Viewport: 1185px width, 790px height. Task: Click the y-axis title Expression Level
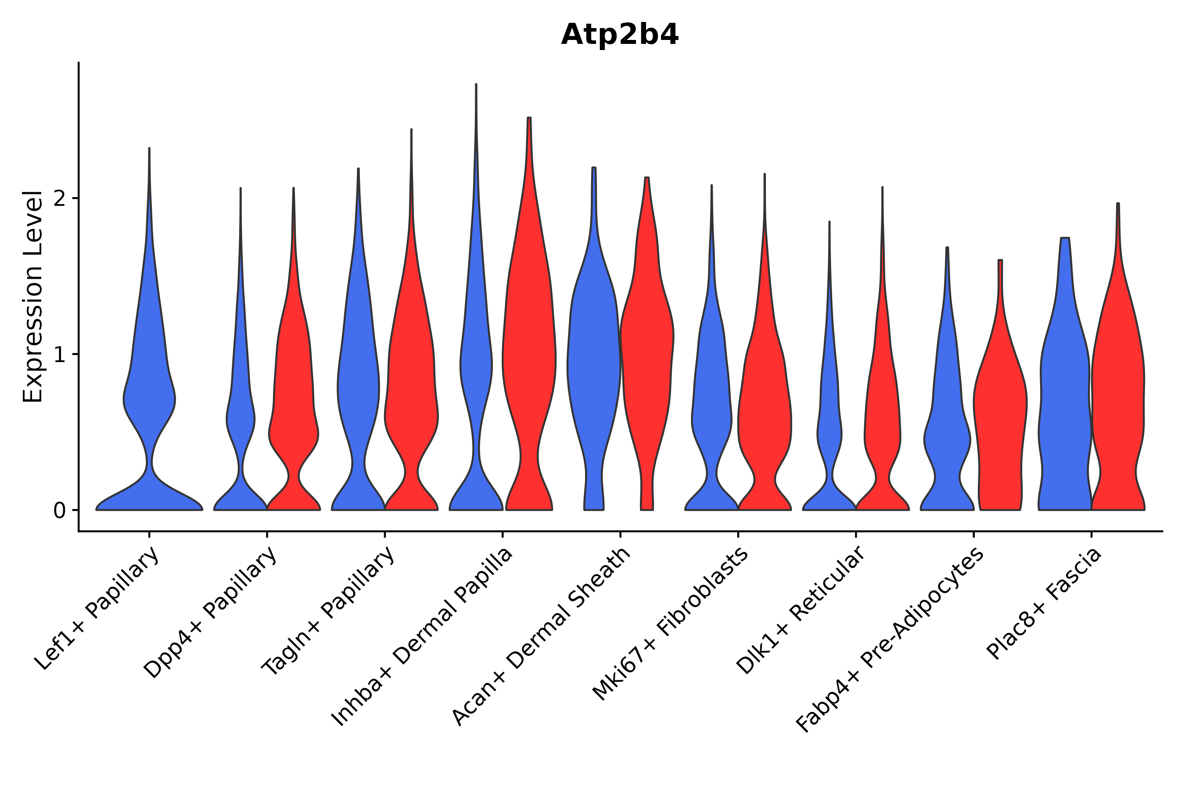tap(33, 296)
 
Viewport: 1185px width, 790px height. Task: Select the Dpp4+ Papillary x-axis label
tap(211, 612)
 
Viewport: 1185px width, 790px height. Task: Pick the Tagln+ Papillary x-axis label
tap(328, 610)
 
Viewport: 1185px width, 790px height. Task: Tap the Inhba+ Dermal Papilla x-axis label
tap(422, 637)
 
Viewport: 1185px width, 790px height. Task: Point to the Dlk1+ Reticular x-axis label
tap(801, 610)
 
